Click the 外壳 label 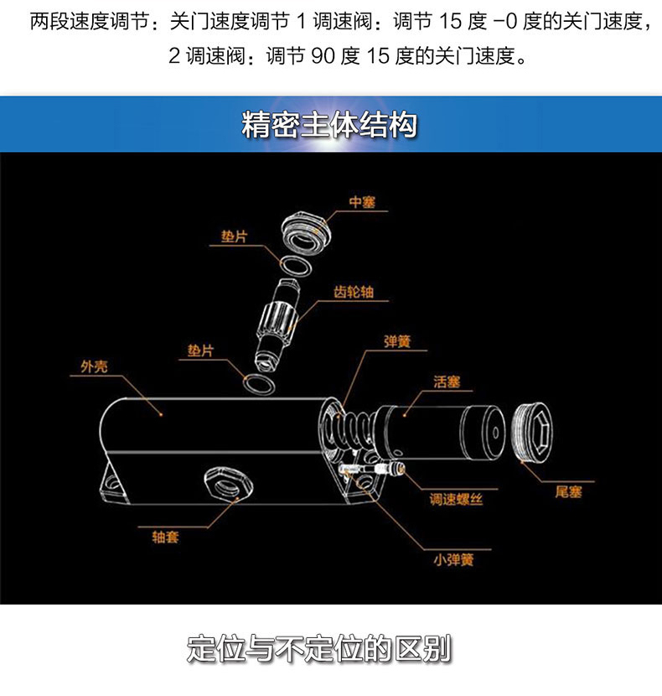94,366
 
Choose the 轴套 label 165,536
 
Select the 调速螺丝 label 456,500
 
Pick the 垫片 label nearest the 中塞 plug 235,237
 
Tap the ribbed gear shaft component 277,323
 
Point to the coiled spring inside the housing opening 344,428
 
